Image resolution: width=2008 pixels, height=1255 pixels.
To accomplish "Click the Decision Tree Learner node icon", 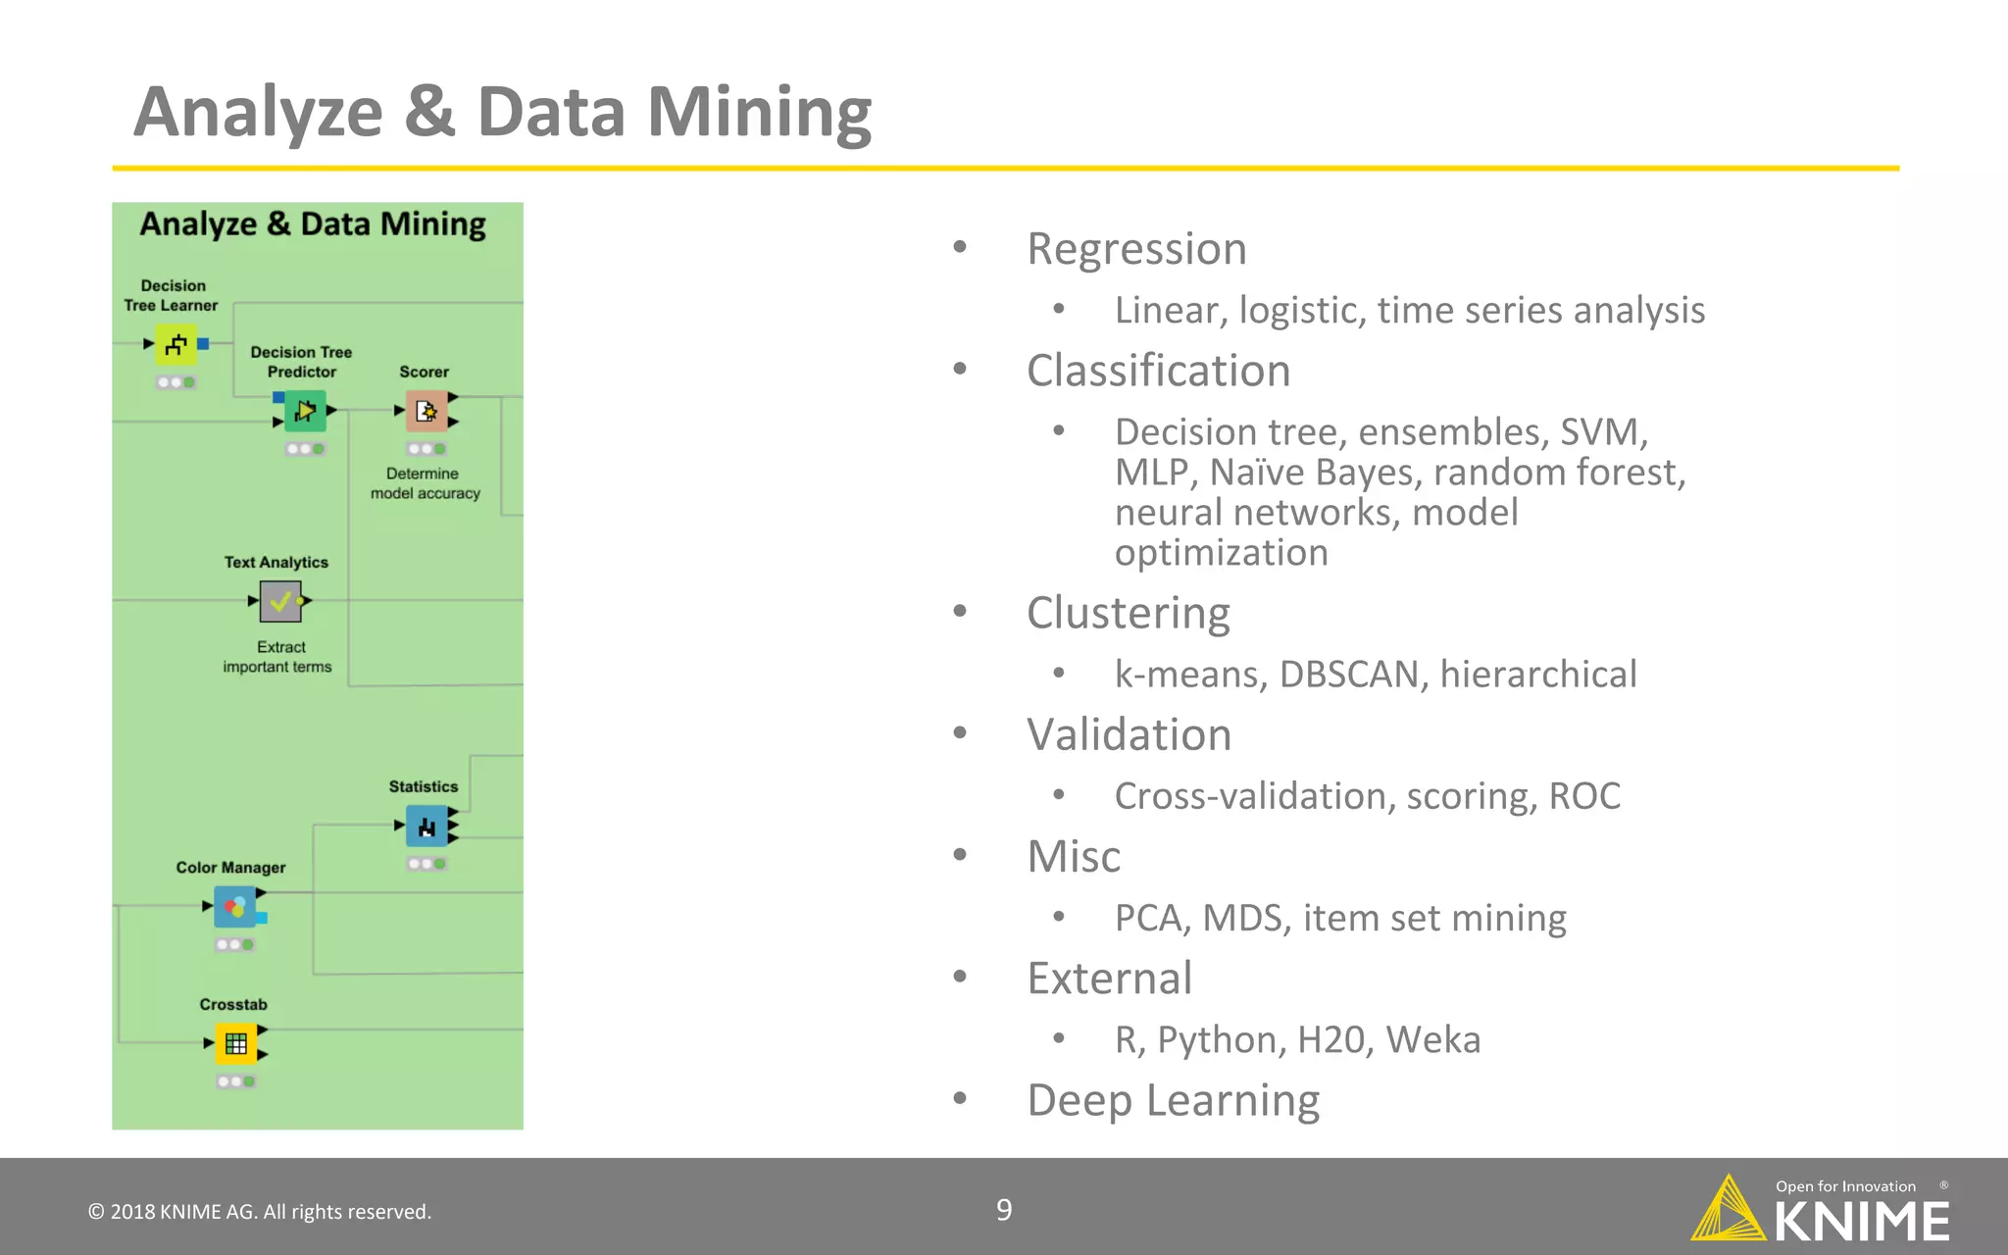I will (176, 344).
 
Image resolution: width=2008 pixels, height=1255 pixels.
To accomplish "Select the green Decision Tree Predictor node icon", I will (305, 411).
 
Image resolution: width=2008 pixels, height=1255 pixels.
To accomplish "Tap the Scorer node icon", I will (427, 411).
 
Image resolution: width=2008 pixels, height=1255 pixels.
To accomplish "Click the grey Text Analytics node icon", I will (280, 601).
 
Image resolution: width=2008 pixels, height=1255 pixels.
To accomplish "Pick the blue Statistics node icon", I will (427, 827).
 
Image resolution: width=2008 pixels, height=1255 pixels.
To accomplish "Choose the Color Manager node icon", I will (235, 907).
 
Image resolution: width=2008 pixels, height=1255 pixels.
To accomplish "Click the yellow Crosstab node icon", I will (235, 1043).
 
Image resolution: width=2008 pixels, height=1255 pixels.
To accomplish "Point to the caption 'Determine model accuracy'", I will (425, 483).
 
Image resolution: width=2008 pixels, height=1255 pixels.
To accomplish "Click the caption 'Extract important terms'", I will (278, 657).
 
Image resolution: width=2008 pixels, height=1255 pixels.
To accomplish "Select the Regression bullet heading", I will (1136, 249).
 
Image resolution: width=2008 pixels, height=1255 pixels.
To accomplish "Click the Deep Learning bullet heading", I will (1173, 1100).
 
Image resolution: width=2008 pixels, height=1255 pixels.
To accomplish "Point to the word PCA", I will (1152, 918).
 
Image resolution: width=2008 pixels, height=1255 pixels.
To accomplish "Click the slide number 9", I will (1004, 1210).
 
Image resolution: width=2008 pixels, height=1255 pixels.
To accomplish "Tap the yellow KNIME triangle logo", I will (1728, 1208).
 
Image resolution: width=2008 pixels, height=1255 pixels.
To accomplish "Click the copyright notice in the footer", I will (260, 1212).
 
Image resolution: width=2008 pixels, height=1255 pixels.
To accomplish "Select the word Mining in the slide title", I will (759, 112).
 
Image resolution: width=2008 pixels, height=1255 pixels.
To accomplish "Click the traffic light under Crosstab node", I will (236, 1081).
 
